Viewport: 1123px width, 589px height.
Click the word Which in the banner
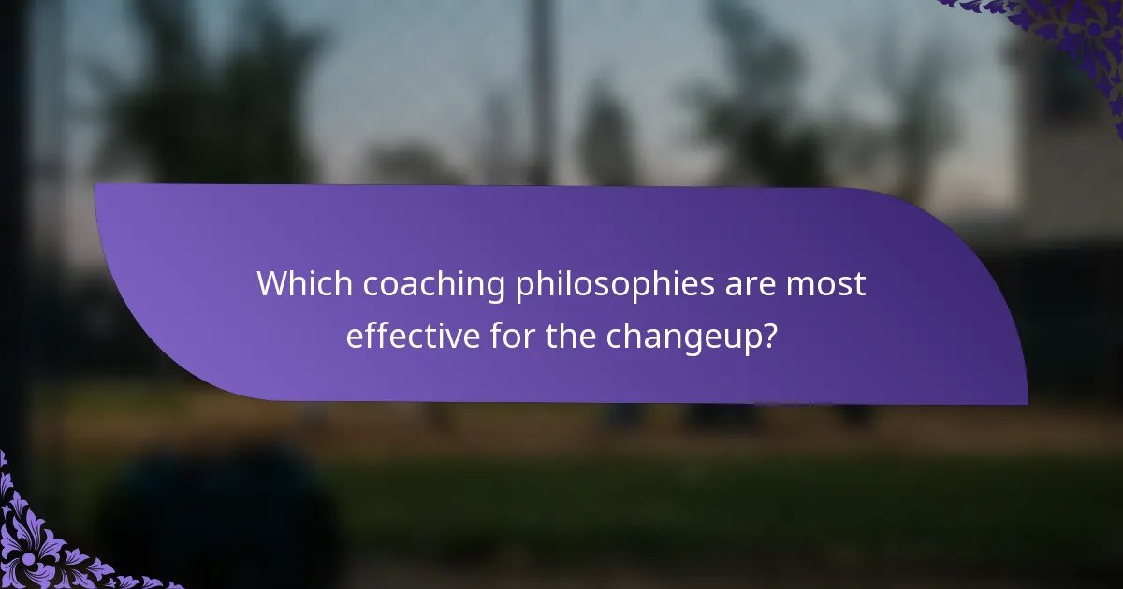point(295,284)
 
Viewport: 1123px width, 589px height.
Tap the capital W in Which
point(273,284)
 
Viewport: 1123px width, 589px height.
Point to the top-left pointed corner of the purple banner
point(96,185)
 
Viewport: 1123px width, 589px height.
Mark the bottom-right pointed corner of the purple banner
point(1027,404)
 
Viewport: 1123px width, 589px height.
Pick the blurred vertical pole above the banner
point(541,75)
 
